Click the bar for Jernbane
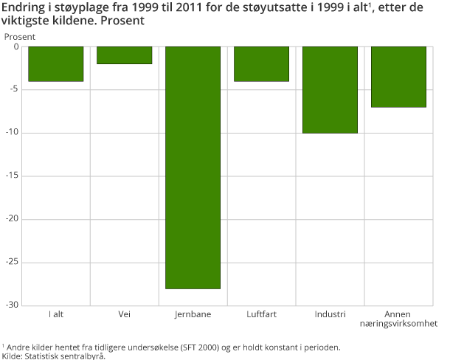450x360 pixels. pos(193,167)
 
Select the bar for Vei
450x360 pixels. pos(124,55)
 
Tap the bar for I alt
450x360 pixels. pos(55,63)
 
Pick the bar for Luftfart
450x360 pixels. pos(261,63)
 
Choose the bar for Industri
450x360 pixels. pos(330,89)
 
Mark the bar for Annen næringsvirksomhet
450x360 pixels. pos(398,77)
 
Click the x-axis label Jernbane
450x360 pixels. pos(193,314)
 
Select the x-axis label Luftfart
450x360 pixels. pos(262,314)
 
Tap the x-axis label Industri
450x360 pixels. pos(330,314)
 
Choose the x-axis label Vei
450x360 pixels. pos(124,314)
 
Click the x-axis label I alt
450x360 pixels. pos(56,314)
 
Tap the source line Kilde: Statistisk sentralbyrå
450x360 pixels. pos(54,356)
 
